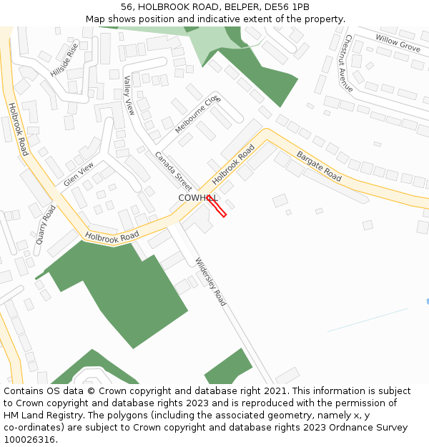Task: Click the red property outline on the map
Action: pyautogui.click(x=217, y=206)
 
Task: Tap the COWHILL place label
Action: pyautogui.click(x=197, y=197)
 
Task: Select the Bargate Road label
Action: pyautogui.click(x=319, y=165)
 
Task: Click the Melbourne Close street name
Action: pyautogui.click(x=198, y=114)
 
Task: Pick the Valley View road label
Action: pyautogui.click(x=129, y=96)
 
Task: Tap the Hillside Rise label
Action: pyautogui.click(x=64, y=60)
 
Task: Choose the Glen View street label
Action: pyautogui.click(x=79, y=175)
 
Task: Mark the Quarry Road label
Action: pyautogui.click(x=45, y=225)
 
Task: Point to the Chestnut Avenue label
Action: pyautogui.click(x=348, y=63)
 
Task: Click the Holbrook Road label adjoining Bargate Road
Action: pyautogui.click(x=233, y=167)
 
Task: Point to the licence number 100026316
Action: pyautogui.click(x=29, y=440)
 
